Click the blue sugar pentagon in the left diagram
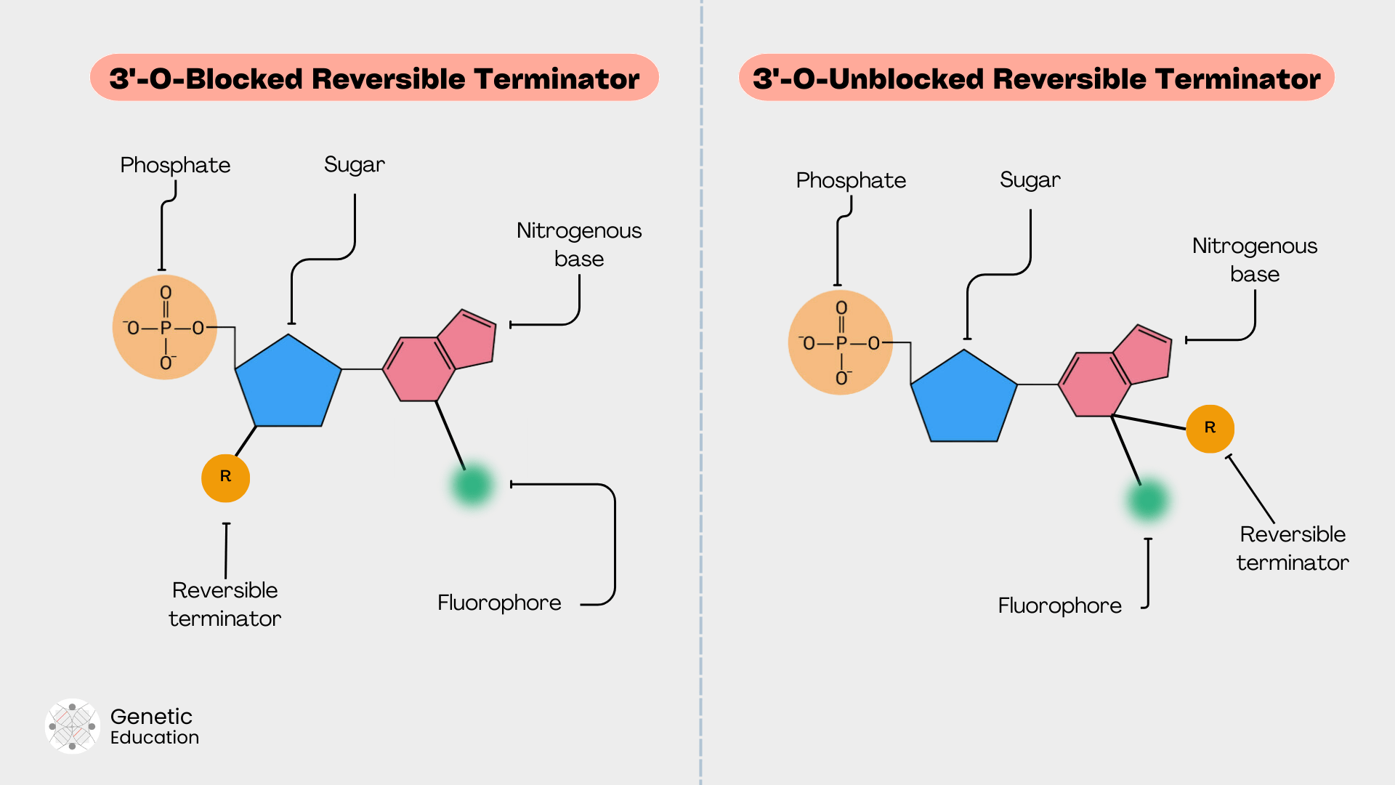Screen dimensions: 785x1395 (288, 385)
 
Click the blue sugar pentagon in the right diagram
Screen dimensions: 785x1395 (964, 400)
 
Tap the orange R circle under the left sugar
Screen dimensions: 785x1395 (225, 478)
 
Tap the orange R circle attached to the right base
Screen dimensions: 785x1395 (1210, 428)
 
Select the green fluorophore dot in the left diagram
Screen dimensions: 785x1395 (472, 485)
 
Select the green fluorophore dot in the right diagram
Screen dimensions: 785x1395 (1148, 500)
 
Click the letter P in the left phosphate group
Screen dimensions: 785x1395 (166, 329)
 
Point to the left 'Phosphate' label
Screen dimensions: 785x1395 (175, 165)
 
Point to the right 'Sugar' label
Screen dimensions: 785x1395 (1030, 180)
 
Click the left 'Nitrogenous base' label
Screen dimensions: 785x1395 (579, 244)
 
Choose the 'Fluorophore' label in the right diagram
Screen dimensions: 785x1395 (1059, 605)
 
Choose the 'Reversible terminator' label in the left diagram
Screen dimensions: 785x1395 (225, 604)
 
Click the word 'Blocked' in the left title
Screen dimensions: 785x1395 (243, 78)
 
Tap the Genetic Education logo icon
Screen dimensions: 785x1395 (72, 726)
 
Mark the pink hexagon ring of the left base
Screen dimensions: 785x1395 (419, 369)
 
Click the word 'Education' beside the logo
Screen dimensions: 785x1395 (155, 738)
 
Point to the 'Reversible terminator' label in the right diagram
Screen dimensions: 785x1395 (1292, 548)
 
